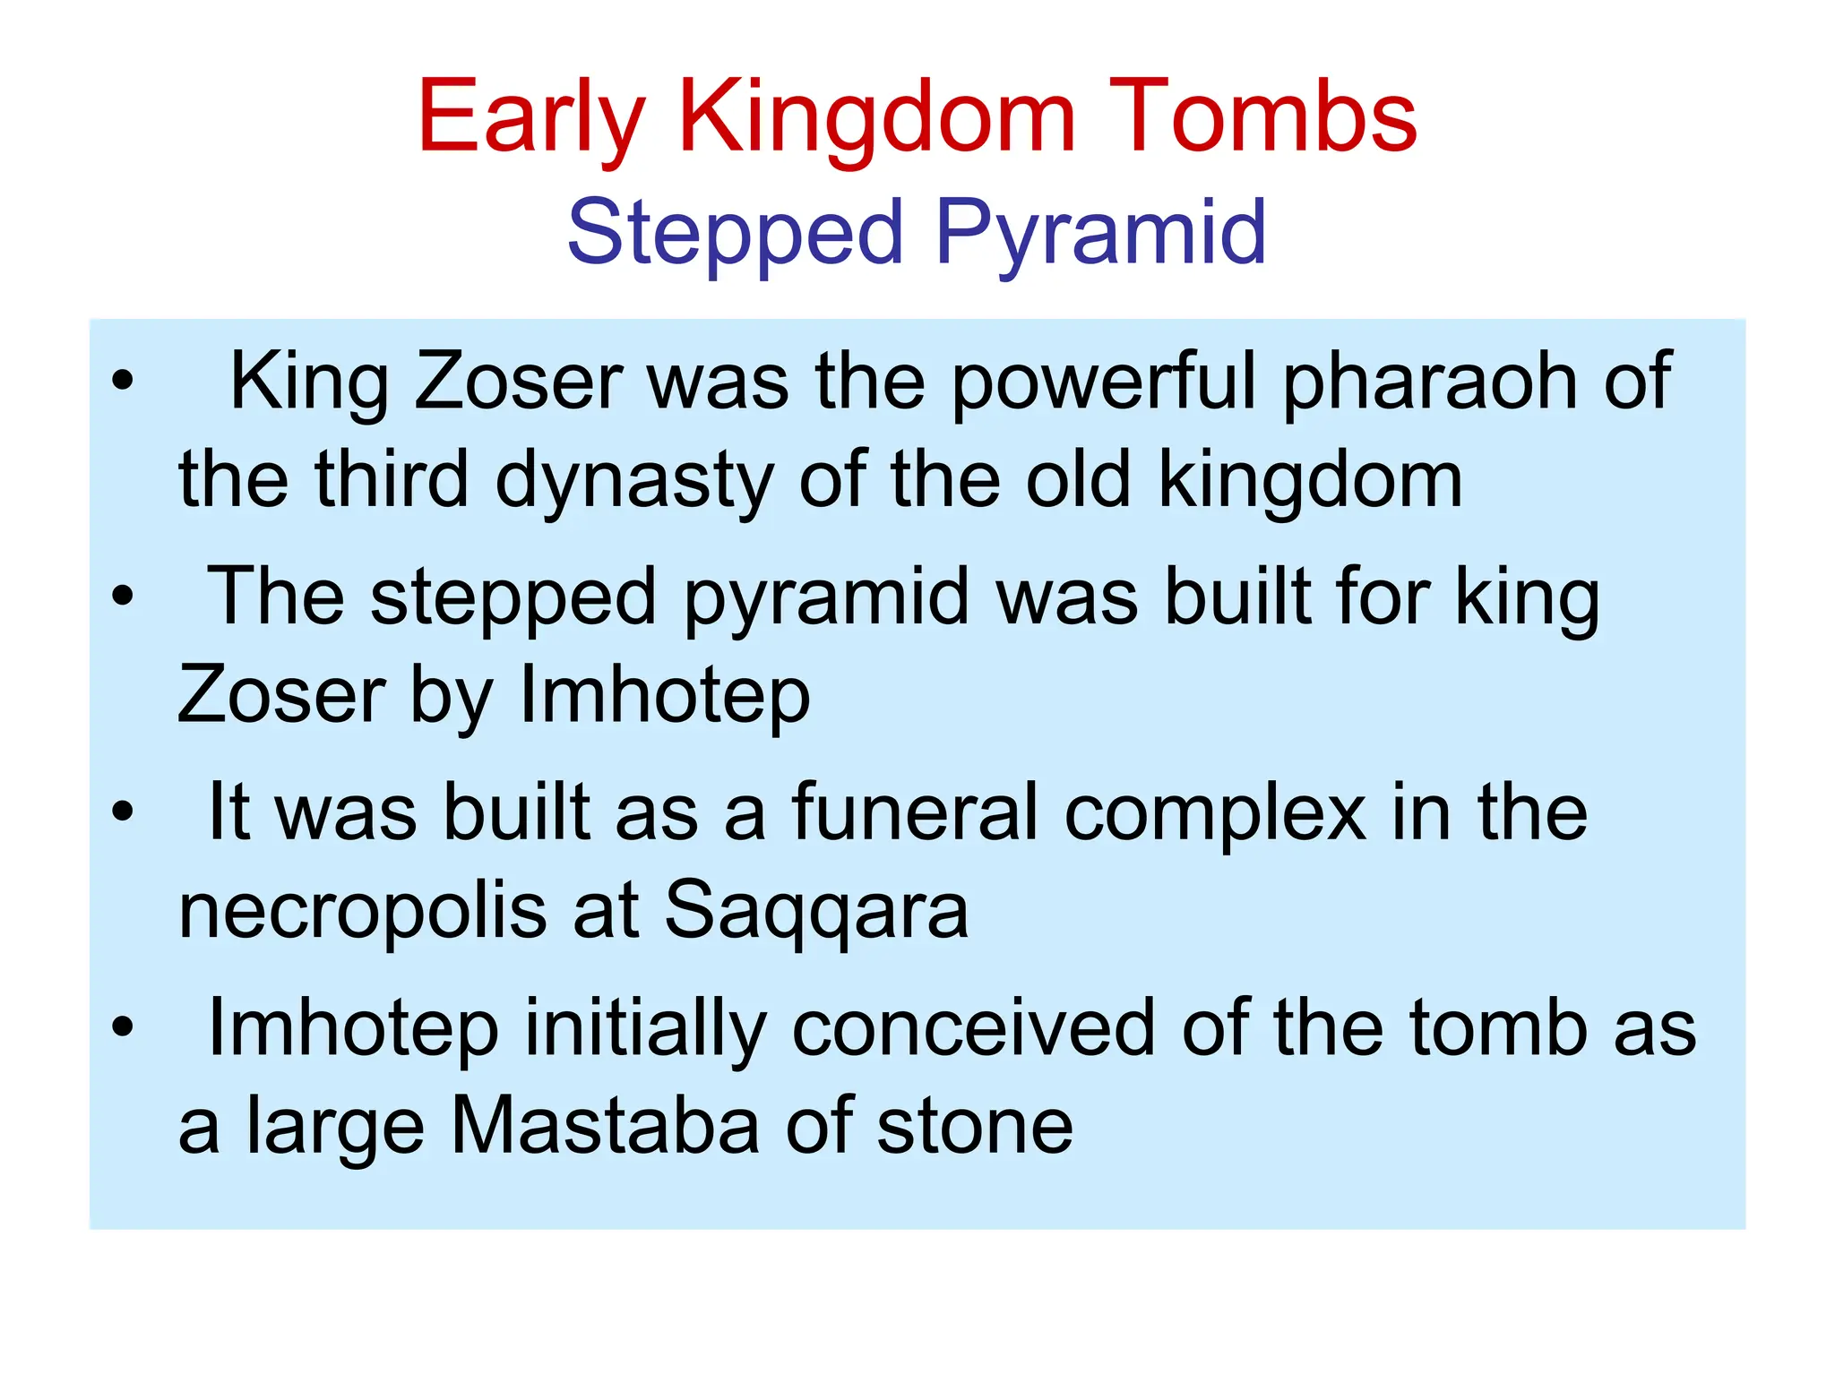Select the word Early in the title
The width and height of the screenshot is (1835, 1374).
tap(530, 118)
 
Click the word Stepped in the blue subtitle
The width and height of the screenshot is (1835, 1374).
tap(735, 235)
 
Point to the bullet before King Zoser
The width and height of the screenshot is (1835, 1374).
tap(123, 381)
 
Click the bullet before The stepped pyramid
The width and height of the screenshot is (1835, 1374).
tap(123, 597)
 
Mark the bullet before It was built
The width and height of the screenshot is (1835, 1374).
tap(123, 812)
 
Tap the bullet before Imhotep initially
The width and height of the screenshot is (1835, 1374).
tap(123, 1026)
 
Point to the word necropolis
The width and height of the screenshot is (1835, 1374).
tap(363, 912)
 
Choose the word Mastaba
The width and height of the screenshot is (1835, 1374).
tap(605, 1127)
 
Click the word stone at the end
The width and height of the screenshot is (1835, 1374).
tap(974, 1127)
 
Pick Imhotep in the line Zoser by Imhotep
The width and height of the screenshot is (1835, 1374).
tap(665, 697)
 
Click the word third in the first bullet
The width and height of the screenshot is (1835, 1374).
tap(392, 480)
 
